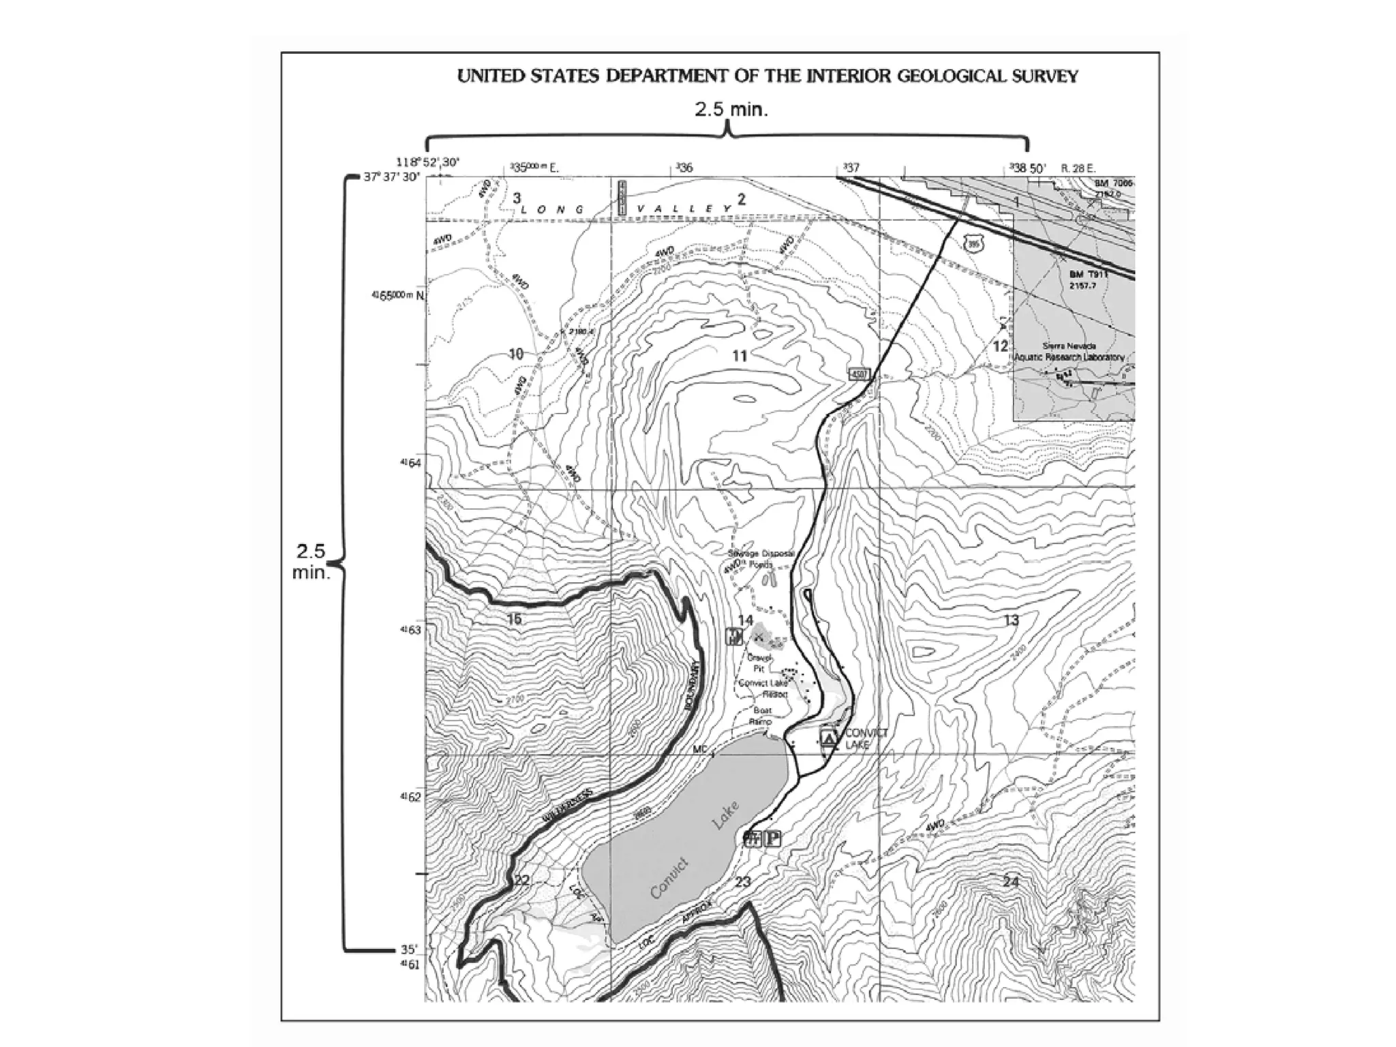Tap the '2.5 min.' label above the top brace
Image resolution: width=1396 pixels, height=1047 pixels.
click(731, 110)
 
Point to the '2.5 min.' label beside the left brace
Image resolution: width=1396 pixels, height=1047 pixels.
click(311, 562)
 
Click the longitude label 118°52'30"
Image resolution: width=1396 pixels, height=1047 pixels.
click(428, 162)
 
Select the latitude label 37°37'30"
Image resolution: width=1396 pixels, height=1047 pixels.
click(392, 177)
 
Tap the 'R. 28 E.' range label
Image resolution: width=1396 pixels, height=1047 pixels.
click(1084, 168)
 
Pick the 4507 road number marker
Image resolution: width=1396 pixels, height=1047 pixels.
click(858, 374)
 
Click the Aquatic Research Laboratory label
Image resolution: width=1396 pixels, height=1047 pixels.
click(1069, 357)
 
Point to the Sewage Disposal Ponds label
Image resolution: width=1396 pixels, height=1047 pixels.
click(759, 559)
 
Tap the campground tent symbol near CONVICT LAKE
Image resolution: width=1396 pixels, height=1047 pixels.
click(828, 738)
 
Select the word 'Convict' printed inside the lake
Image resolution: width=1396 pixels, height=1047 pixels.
click(669, 879)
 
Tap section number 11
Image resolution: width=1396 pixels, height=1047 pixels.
click(740, 355)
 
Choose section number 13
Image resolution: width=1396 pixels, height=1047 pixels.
click(1011, 620)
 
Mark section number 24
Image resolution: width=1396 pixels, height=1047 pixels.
click(1011, 881)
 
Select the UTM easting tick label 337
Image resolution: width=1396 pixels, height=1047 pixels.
click(851, 168)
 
